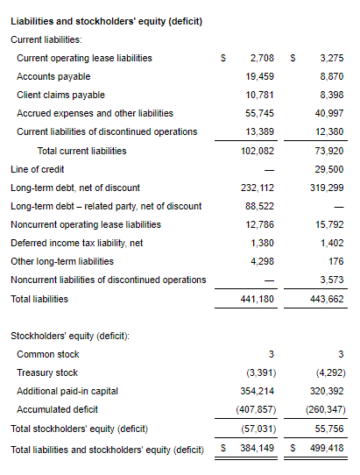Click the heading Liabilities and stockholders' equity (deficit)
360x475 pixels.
106,22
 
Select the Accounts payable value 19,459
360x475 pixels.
259,76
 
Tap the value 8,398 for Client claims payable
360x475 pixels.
332,95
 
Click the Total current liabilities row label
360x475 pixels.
81,151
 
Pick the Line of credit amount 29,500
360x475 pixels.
329,169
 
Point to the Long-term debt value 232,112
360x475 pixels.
258,188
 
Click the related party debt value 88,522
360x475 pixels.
259,206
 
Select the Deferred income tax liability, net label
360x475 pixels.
76,243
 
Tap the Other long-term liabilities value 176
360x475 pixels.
336,261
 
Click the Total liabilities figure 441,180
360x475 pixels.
257,300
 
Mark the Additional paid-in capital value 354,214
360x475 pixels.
257,391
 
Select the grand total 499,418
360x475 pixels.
327,448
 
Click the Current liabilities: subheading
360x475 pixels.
46,39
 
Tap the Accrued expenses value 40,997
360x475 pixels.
329,113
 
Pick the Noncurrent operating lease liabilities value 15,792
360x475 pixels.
329,224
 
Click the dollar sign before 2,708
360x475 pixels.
223,58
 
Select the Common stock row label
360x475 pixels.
48,354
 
